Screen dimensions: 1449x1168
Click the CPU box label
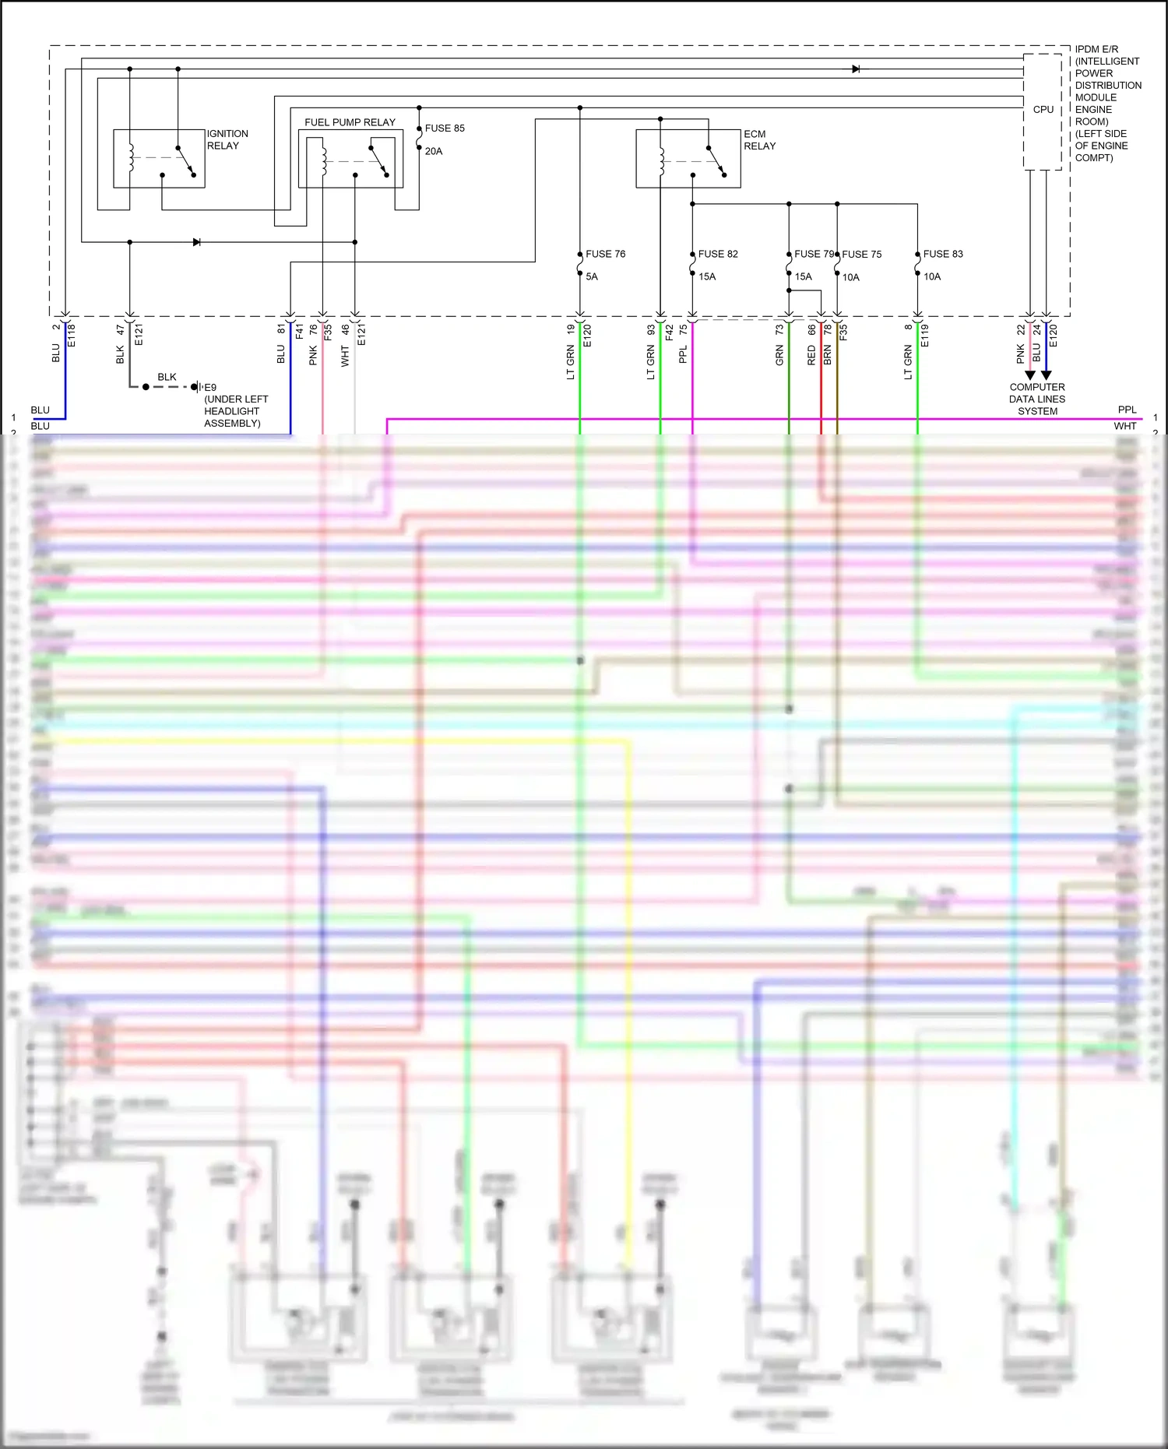(x=1043, y=110)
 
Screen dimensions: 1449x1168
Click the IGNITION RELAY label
(x=227, y=139)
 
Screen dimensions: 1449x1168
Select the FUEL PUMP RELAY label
(x=350, y=122)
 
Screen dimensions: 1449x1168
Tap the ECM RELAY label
(x=759, y=139)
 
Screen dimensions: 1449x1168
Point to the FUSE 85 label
(x=445, y=128)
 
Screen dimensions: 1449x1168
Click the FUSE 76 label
(x=605, y=254)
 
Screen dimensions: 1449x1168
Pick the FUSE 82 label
(x=717, y=254)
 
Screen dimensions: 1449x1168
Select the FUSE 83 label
(x=942, y=254)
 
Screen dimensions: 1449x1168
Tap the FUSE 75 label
(x=861, y=255)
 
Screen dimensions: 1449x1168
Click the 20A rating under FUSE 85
(x=434, y=151)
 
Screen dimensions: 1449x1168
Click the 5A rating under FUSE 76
(x=592, y=276)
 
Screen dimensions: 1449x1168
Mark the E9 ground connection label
(x=210, y=387)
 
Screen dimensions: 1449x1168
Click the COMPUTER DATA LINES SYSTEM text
(x=1037, y=399)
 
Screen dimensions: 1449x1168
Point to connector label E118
(x=72, y=335)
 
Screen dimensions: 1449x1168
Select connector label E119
(x=924, y=335)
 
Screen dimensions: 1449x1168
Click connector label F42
(x=668, y=332)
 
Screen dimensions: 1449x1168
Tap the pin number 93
(x=651, y=330)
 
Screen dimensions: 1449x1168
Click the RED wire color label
(x=811, y=357)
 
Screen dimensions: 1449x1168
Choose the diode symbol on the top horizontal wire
(x=856, y=69)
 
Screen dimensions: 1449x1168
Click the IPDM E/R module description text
(x=1107, y=103)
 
